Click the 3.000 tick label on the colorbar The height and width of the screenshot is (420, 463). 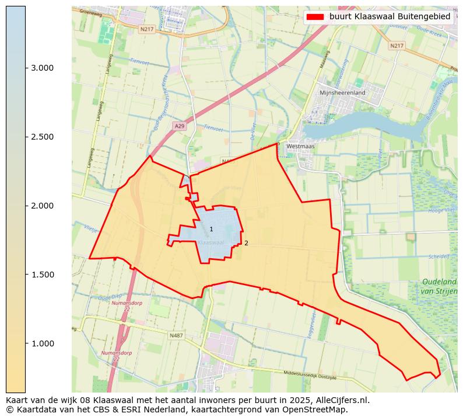pos(42,68)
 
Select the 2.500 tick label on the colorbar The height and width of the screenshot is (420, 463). pos(42,137)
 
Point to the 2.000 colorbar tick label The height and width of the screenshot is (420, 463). pos(42,206)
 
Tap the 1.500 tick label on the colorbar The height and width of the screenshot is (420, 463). pos(42,275)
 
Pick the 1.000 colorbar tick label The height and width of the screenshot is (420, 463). pos(42,343)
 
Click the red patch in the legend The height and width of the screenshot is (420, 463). pos(315,17)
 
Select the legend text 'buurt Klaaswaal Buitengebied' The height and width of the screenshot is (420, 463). pos(390,17)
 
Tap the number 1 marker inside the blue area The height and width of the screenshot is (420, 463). pos(211,230)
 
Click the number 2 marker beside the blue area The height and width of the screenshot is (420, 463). pos(246,243)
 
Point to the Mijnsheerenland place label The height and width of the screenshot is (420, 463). pos(342,92)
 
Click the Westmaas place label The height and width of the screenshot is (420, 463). pos(300,147)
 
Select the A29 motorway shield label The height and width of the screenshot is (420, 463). pos(180,126)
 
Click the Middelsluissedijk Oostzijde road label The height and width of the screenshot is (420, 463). pos(310,376)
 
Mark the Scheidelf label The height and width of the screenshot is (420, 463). pos(439,256)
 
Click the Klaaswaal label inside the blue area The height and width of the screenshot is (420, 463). pos(211,242)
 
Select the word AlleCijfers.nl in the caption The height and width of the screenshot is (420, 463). pos(340,400)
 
